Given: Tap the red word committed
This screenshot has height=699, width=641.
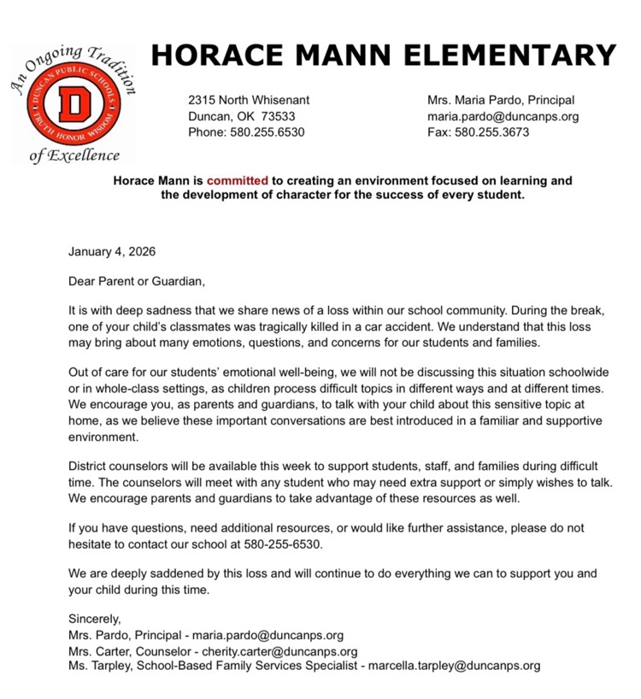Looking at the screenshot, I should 237,181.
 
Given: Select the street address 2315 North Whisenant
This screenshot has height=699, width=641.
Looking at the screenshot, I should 249,100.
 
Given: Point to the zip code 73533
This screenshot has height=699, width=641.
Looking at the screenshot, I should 278,116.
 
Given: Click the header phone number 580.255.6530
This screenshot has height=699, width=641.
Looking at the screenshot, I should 267,132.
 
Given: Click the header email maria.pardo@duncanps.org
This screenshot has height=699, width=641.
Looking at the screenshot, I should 503,116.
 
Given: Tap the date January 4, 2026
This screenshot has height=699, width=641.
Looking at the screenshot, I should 112,252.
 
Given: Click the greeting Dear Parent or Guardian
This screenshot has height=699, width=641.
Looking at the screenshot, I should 138,280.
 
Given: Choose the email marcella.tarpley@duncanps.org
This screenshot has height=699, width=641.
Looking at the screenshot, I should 454,666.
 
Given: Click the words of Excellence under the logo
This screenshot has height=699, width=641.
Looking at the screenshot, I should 74,156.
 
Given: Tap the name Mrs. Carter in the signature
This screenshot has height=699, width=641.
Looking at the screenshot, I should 98,650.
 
